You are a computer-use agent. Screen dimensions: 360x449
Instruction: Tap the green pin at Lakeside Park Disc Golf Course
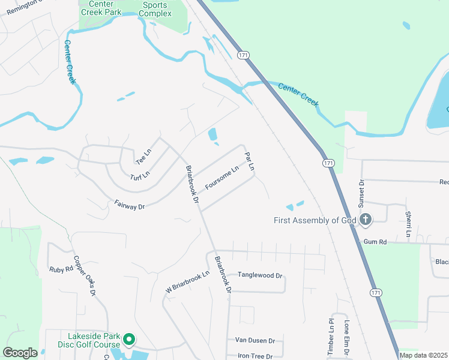point(128,340)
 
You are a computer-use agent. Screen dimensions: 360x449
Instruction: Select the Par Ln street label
point(250,161)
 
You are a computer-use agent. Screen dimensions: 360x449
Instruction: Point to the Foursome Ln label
point(222,178)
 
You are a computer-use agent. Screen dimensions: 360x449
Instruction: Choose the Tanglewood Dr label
point(260,275)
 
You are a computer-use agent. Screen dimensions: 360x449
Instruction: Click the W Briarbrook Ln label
point(188,282)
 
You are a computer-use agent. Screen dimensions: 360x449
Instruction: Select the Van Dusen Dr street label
point(255,340)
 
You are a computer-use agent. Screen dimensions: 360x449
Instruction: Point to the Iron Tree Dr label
point(255,356)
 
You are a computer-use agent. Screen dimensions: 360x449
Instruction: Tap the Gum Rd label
point(375,241)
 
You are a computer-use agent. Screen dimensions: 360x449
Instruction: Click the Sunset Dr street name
point(361,193)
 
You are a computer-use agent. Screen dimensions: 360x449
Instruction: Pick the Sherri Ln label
point(408,223)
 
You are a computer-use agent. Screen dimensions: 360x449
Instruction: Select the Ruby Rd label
point(61,269)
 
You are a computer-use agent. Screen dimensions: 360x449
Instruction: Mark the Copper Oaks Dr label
point(85,276)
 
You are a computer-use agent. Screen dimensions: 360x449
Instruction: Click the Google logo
point(20,353)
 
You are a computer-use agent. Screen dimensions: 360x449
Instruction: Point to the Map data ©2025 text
point(423,355)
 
